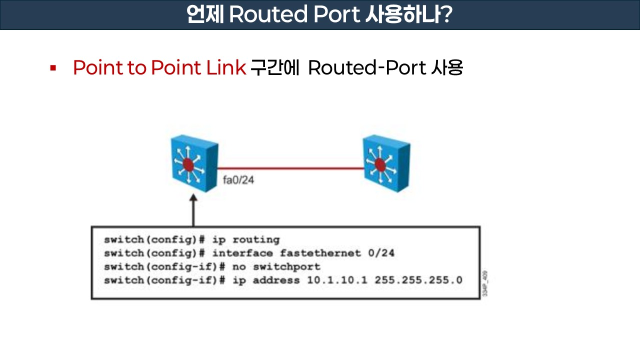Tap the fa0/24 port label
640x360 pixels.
point(238,180)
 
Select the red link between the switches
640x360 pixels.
point(290,168)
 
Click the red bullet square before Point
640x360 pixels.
point(52,67)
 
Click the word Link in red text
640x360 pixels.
point(226,67)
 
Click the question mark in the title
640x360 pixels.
point(446,15)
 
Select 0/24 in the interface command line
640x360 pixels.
point(381,253)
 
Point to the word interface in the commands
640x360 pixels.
point(242,253)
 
